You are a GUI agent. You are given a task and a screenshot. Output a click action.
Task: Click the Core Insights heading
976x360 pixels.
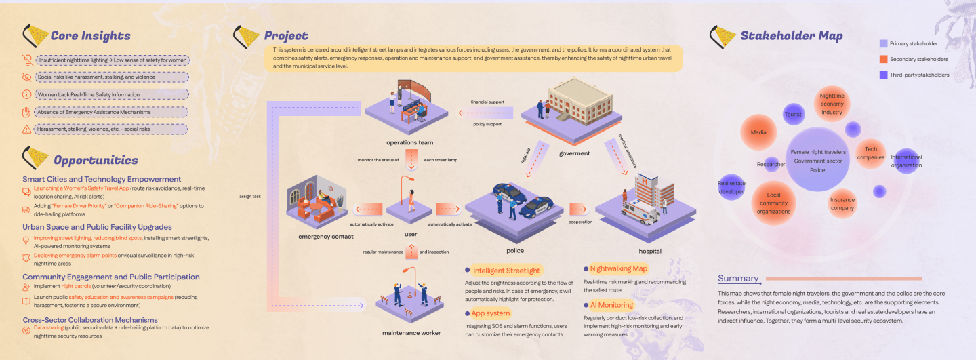(x=90, y=36)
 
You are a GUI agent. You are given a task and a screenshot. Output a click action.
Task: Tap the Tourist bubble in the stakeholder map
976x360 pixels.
(x=793, y=115)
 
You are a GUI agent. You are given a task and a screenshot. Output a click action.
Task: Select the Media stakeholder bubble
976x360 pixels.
(x=759, y=133)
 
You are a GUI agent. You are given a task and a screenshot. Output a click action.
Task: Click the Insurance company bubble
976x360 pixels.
(x=842, y=204)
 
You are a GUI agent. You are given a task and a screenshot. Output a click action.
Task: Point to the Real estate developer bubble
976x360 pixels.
(x=731, y=187)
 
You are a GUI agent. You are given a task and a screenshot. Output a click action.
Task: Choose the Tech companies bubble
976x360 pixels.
(x=870, y=153)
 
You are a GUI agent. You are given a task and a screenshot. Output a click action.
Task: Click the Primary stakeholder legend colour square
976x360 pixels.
(x=882, y=43)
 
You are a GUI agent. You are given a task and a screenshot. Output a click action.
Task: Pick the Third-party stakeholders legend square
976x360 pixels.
(x=882, y=75)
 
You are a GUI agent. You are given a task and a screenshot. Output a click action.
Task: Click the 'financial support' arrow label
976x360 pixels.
(x=488, y=102)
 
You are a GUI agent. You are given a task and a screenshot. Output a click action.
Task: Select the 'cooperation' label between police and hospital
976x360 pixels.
(x=579, y=222)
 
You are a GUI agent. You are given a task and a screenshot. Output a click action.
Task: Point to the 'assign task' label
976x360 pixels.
(x=250, y=197)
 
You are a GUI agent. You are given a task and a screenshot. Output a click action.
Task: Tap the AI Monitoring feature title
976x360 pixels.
(x=611, y=305)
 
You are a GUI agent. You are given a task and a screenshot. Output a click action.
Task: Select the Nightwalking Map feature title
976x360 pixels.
(x=619, y=268)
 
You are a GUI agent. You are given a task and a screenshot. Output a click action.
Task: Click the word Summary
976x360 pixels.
(x=738, y=279)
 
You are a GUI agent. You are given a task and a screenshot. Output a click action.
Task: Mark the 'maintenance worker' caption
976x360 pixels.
(x=411, y=332)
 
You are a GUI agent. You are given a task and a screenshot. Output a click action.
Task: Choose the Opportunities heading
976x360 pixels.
(x=95, y=160)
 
